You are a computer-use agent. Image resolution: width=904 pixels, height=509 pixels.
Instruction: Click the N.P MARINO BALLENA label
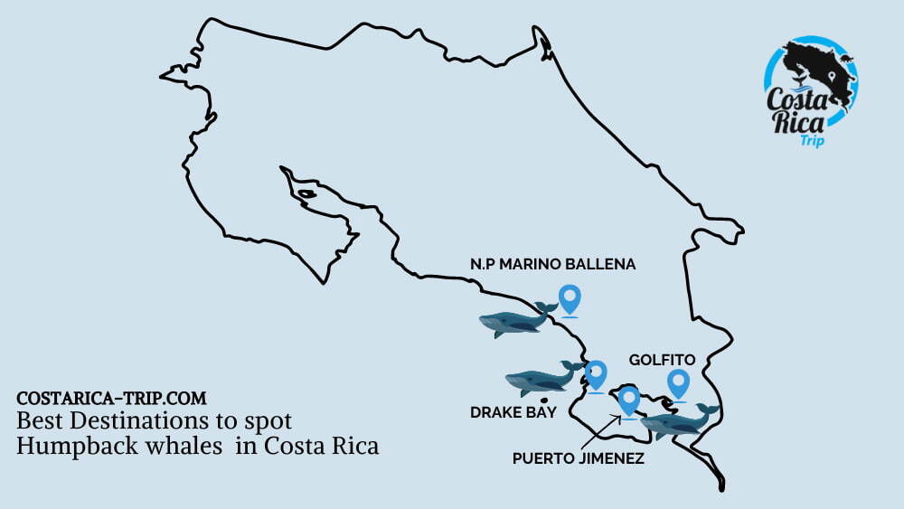[552, 264]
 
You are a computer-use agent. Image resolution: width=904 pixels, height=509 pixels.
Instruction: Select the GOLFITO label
[663, 359]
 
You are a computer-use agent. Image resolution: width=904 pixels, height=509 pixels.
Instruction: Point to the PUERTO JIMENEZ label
[578, 458]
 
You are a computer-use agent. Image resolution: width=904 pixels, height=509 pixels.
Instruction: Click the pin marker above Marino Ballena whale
[569, 298]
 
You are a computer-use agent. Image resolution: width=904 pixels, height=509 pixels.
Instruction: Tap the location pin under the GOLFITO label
[678, 383]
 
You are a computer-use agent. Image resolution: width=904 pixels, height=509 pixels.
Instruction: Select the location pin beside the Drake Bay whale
[596, 374]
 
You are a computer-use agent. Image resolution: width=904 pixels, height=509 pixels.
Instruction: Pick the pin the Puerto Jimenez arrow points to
[628, 400]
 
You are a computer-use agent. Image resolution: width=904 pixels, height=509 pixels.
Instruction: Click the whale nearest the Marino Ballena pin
[516, 320]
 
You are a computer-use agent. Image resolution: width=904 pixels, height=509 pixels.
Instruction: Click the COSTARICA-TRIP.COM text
[111, 398]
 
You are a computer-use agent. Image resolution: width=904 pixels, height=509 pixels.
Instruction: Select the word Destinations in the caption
[131, 421]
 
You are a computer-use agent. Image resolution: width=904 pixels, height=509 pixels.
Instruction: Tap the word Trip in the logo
[811, 140]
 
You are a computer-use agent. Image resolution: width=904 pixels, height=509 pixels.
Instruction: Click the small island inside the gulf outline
[307, 193]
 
